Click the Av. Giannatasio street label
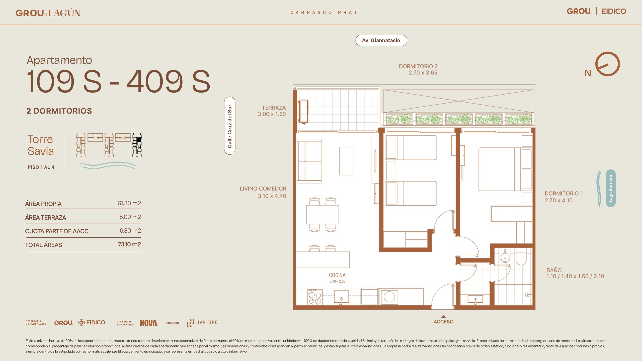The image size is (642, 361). pos(381,40)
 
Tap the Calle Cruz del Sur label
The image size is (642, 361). pos(229,126)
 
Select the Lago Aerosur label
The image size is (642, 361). pos(611,188)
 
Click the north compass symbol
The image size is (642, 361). pos(607,64)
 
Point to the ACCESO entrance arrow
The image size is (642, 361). pos(443,317)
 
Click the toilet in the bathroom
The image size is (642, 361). pos(521,257)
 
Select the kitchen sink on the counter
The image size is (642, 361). pos(341,297)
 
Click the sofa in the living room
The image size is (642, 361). pos(309,161)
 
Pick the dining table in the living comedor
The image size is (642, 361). pos(323,215)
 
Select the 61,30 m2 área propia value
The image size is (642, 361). pos(129,203)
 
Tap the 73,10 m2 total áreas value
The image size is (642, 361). pos(129,244)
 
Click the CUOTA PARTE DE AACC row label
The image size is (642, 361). pos(57,231)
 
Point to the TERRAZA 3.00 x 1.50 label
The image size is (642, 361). pos(272,111)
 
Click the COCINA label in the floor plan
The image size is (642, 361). pos(337,275)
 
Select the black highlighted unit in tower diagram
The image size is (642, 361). pos(139,140)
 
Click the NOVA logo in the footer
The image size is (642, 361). pos(149,323)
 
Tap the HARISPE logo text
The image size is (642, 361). pos(207,322)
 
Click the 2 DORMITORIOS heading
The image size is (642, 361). pos(59,111)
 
